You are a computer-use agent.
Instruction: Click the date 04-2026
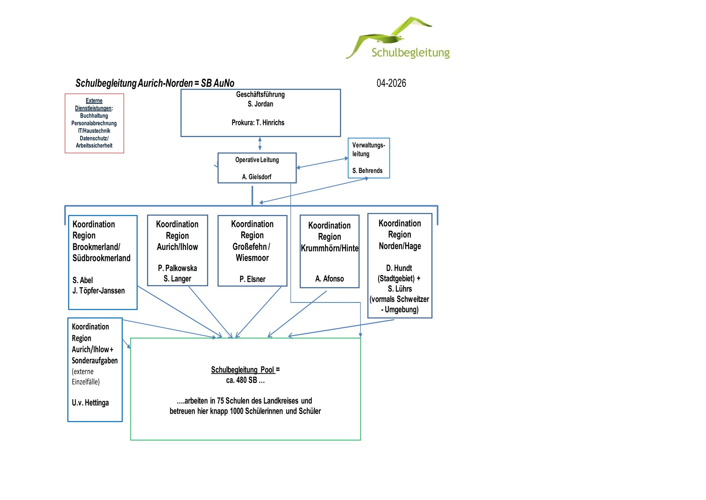[x=391, y=83]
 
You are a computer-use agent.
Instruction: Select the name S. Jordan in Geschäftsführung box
[x=260, y=104]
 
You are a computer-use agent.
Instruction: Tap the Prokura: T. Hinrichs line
[x=258, y=123]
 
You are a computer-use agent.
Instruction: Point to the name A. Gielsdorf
[x=257, y=177]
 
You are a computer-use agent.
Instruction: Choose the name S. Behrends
[x=367, y=171]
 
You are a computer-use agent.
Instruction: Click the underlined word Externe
[x=94, y=101]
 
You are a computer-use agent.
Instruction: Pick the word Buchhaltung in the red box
[x=94, y=116]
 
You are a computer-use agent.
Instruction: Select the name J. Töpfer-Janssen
[x=99, y=291]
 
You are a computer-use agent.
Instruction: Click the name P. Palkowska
[x=177, y=268]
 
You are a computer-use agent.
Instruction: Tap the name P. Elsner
[x=252, y=279]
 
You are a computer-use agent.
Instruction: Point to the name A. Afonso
[x=329, y=279]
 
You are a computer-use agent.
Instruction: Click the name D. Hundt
[x=399, y=268]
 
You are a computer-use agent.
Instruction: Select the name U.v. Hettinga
[x=90, y=403]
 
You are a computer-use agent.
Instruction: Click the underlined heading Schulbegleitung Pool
[x=242, y=370]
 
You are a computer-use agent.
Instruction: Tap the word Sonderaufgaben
[x=95, y=360]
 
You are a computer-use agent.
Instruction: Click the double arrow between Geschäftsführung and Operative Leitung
[x=260, y=144]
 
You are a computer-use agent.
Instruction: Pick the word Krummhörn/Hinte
[x=329, y=248]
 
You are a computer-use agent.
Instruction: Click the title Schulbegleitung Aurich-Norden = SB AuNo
[x=155, y=83]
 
